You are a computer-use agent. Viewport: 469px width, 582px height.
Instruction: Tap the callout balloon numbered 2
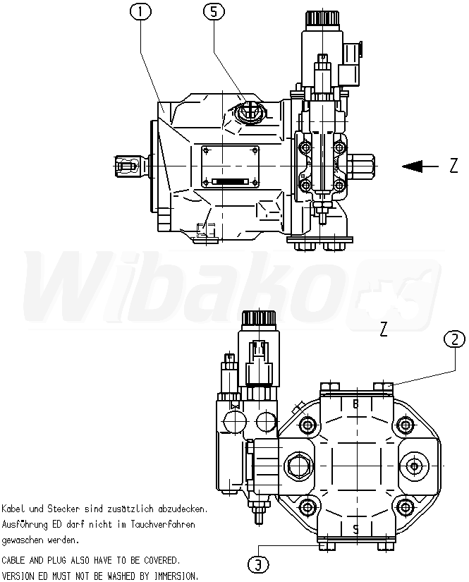(454, 339)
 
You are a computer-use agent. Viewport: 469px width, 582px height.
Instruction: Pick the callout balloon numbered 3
(260, 564)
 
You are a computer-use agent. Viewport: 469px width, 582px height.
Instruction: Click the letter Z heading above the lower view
(384, 329)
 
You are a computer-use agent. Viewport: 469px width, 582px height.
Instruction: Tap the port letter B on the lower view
(355, 404)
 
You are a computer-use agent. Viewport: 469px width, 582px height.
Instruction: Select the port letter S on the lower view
(355, 528)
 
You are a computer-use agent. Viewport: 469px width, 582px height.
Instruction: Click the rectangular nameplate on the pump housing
(231, 166)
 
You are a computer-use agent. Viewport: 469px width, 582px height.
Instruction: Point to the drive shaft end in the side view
(125, 166)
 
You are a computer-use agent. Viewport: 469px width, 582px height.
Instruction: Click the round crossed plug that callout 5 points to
(248, 111)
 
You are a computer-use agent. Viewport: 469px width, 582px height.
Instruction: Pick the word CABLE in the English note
(16, 559)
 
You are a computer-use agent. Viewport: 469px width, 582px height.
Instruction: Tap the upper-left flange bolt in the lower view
(307, 425)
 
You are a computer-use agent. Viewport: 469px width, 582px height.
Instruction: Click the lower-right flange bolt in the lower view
(405, 507)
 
